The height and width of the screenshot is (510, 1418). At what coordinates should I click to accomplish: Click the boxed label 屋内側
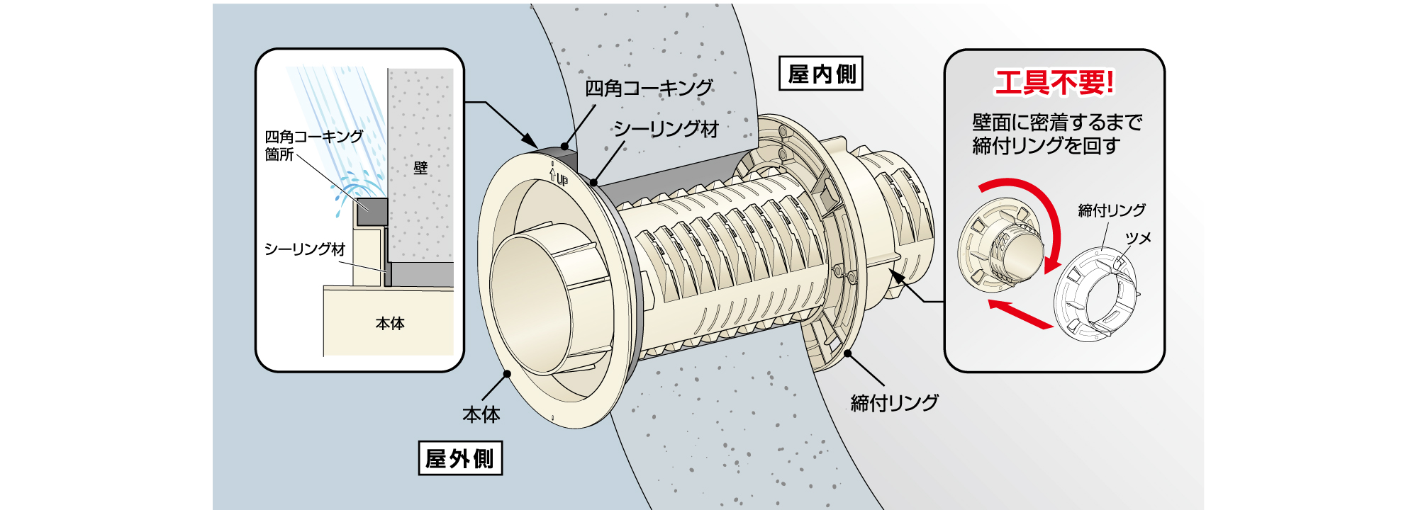[821, 74]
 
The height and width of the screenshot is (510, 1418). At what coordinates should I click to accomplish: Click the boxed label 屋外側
[460, 458]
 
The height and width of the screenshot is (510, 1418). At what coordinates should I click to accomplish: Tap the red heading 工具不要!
[1054, 83]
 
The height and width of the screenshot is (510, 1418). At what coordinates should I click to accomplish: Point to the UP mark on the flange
[559, 175]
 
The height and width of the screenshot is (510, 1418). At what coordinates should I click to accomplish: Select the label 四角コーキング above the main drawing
[648, 89]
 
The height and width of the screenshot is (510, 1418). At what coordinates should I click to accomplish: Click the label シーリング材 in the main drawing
[666, 129]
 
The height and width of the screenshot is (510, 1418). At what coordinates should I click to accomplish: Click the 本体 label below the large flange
[481, 414]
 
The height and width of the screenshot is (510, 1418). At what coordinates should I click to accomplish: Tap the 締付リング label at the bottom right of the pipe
[894, 403]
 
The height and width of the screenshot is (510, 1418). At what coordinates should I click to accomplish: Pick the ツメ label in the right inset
[1138, 238]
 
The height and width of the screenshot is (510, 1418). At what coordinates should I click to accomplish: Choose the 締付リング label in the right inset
[1111, 210]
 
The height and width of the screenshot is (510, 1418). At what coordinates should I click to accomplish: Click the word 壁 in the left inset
[420, 168]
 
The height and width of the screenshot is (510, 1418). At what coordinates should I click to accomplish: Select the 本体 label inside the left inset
[390, 324]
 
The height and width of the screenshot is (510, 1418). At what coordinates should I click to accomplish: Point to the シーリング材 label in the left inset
[304, 249]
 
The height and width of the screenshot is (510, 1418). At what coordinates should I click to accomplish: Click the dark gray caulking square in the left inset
[372, 211]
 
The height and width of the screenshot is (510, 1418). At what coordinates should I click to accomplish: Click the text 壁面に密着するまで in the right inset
[1056, 123]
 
